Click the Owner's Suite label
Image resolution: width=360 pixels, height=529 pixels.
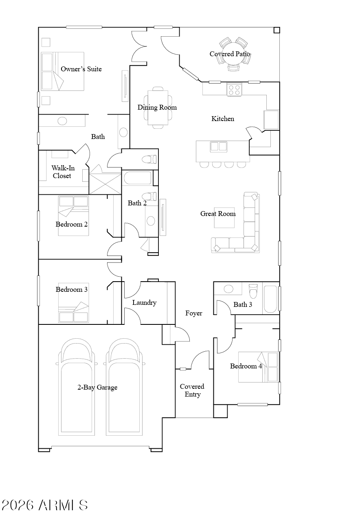coord(81,69)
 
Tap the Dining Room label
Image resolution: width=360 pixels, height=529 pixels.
coord(157,108)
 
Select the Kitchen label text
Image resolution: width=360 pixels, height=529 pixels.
coord(223,119)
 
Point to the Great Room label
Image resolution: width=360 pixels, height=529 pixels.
coord(218,214)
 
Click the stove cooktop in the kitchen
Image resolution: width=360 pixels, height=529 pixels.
coord(234,90)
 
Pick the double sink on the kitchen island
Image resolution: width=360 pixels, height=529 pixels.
coord(219,147)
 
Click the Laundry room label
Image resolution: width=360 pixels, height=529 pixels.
coord(144,302)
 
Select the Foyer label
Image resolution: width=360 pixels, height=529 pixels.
coord(194,313)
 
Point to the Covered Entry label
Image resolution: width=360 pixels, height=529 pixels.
coord(192,390)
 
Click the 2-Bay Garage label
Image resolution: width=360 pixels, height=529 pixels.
coord(97,387)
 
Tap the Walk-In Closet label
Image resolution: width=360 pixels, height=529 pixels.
coord(63,172)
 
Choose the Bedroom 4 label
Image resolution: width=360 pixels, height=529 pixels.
coord(246,366)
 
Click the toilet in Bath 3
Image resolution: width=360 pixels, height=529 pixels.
coord(253,291)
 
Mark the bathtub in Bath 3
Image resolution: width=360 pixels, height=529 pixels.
coord(270,299)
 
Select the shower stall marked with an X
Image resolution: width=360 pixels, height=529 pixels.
coord(105,184)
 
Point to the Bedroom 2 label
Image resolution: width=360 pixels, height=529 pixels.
coord(72,224)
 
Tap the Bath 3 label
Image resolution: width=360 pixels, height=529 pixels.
coord(243,304)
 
